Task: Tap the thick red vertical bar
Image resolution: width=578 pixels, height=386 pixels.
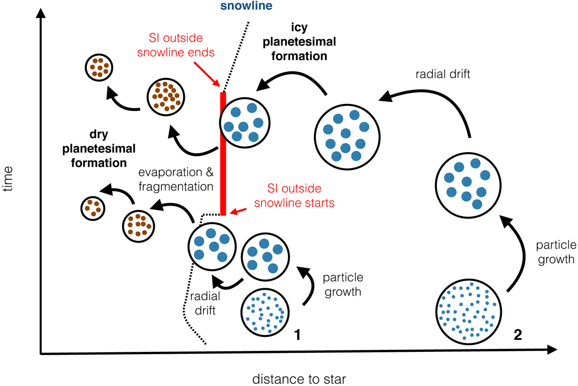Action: tap(223, 154)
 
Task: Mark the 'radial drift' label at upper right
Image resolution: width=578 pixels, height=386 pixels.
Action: tap(435, 75)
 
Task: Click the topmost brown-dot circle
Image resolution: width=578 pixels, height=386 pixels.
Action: tap(100, 67)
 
